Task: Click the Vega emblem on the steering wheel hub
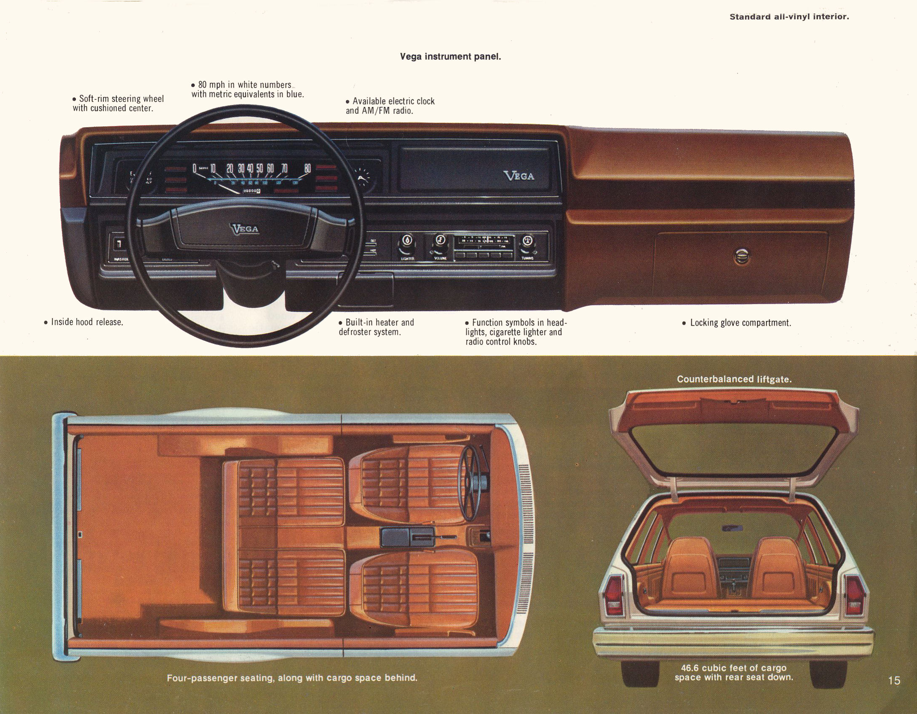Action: (245, 229)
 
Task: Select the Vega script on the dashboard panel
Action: (519, 176)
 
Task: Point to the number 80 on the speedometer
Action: (307, 168)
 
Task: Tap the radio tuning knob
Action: (528, 241)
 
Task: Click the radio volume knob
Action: (440, 240)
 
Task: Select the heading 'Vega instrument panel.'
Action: (450, 56)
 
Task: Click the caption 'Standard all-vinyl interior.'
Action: (789, 17)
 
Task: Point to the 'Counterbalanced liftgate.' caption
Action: (734, 379)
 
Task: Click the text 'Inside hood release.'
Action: (86, 322)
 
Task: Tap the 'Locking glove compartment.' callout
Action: (740, 323)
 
